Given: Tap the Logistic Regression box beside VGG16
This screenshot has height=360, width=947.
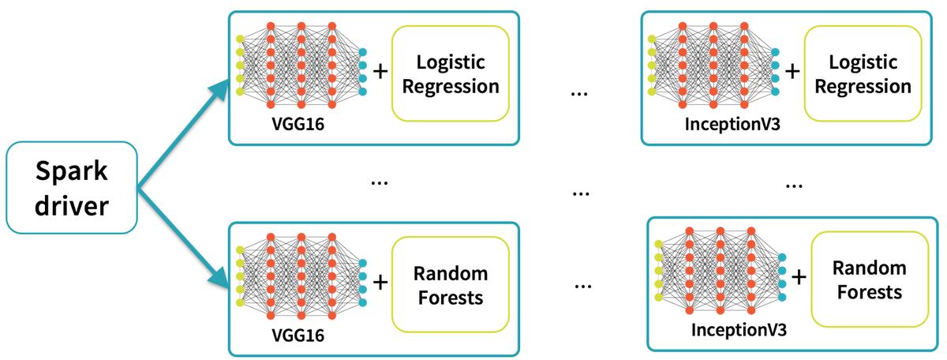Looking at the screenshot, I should tap(451, 73).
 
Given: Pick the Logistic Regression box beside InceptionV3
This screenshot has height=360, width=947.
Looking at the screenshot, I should tap(863, 73).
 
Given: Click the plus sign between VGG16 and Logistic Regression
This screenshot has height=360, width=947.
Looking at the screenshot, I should tap(380, 71).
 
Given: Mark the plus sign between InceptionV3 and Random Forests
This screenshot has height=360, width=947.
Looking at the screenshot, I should tap(799, 277).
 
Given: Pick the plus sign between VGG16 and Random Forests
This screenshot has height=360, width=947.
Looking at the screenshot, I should tap(380, 283).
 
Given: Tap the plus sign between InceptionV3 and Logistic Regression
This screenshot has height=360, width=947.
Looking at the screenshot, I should tap(792, 71).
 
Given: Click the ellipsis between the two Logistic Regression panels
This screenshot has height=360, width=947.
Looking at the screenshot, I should tap(579, 92).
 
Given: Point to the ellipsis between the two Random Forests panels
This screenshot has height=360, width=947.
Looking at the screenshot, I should tap(583, 285).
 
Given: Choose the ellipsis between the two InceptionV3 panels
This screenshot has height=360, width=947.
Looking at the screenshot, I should tap(793, 185).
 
